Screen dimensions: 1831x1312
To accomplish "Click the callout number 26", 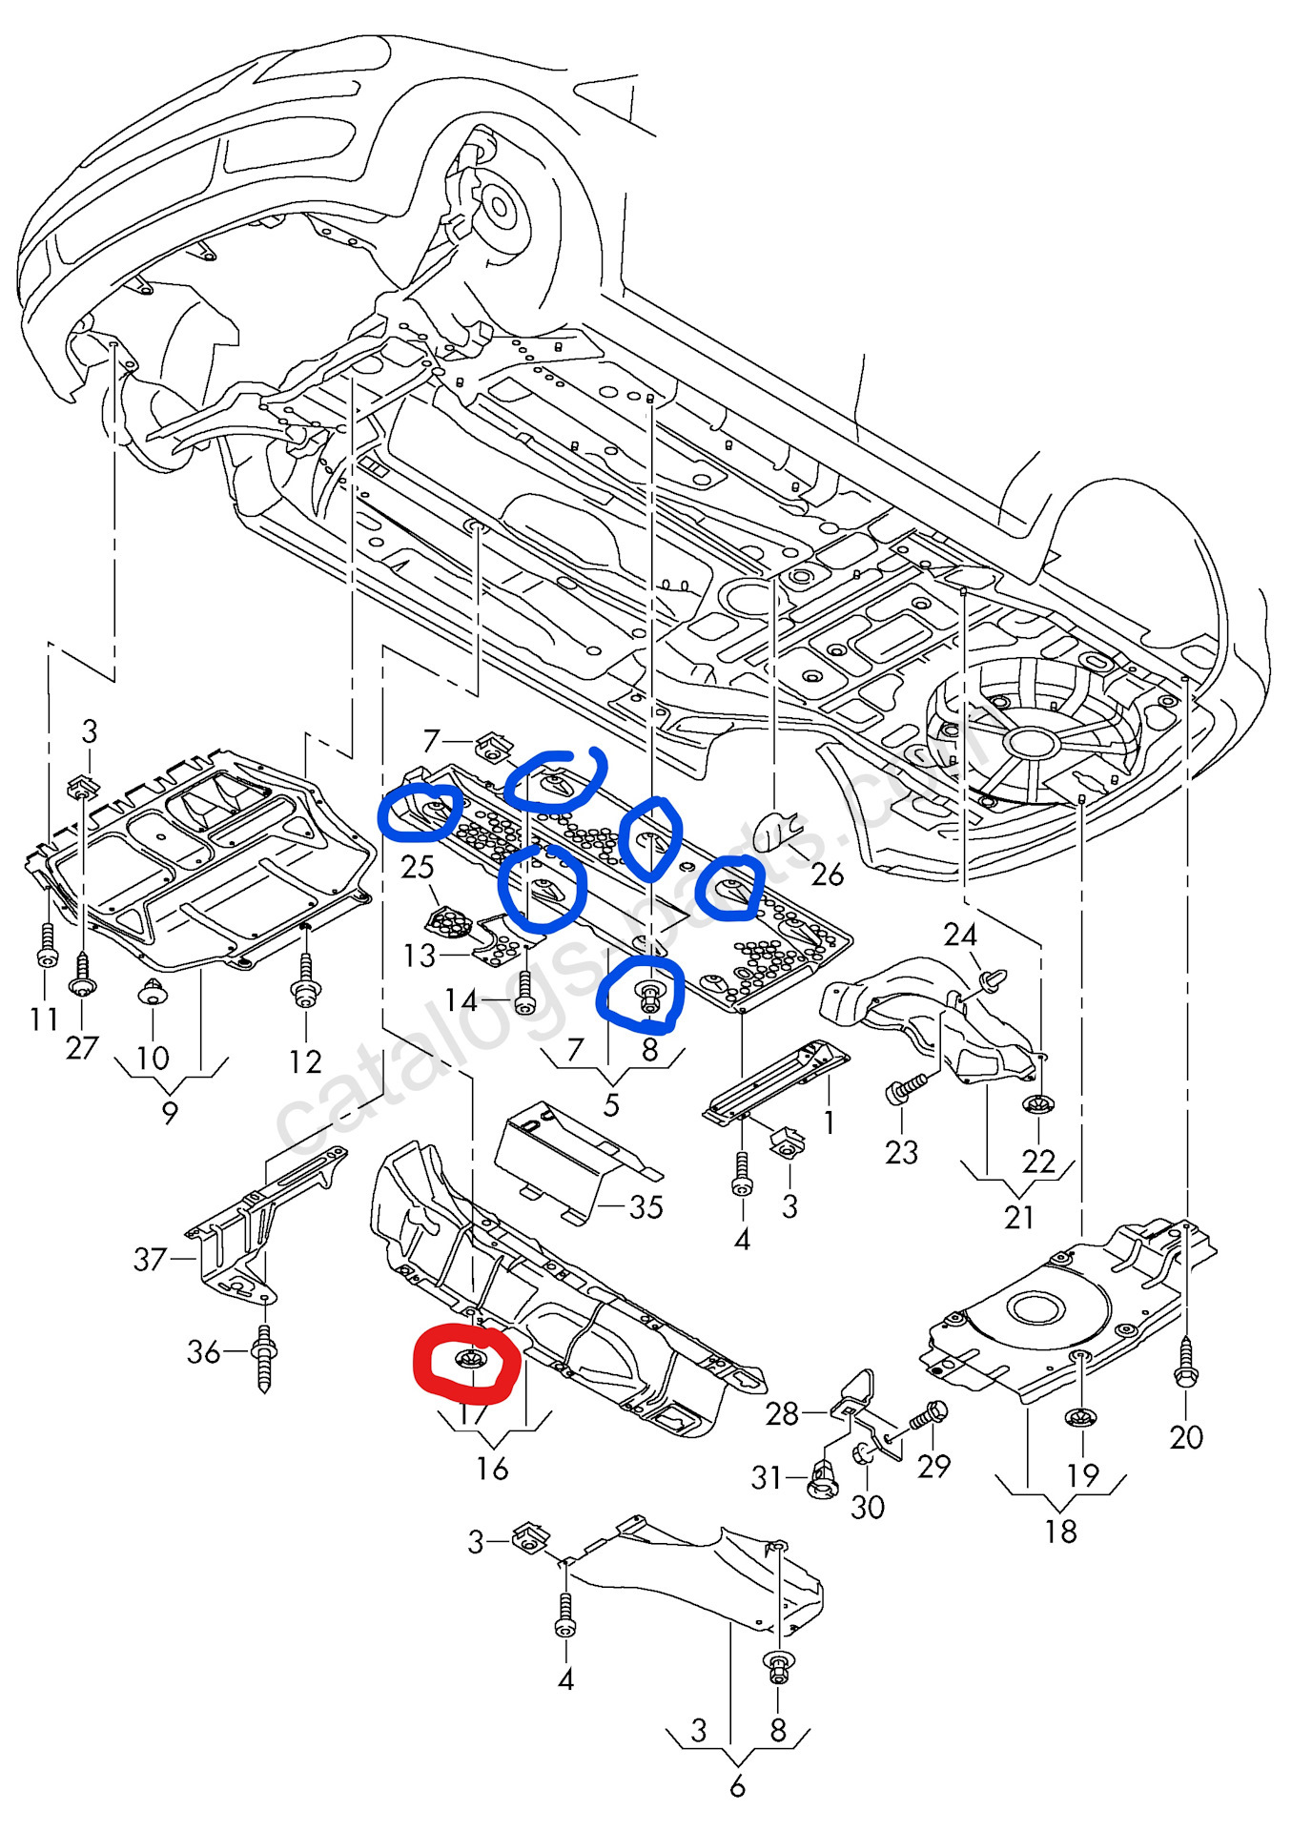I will (x=827, y=874).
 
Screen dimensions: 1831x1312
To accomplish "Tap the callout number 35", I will (x=646, y=1206).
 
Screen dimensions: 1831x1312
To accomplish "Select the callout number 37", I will (x=151, y=1259).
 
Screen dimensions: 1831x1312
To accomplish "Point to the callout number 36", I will (x=203, y=1351).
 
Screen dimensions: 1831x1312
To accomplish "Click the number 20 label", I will (x=1186, y=1436).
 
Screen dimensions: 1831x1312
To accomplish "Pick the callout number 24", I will (x=960, y=934).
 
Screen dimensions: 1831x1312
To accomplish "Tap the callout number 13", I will (x=420, y=955).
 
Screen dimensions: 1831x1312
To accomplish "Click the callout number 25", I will (x=418, y=867).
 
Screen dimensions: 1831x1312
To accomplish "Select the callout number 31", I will (x=767, y=1477).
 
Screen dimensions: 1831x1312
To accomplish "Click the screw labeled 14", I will (x=523, y=998).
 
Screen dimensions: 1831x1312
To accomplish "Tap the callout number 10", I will (x=153, y=1057).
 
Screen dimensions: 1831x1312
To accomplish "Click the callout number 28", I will (x=782, y=1412).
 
